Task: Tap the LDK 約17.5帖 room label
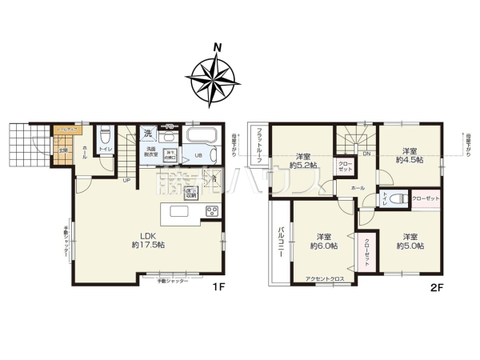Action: [x=147, y=240]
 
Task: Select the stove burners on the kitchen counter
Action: [x=213, y=211]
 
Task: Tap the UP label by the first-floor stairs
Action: [x=126, y=179]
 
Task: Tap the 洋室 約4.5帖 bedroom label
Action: [x=410, y=155]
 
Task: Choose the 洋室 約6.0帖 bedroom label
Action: [x=323, y=241]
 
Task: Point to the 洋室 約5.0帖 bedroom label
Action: [x=410, y=241]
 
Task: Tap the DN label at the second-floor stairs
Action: [x=366, y=154]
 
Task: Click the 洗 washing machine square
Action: [x=148, y=134]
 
